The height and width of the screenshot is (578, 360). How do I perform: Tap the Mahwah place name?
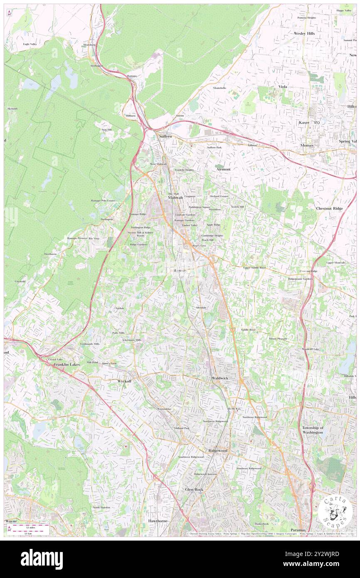[x=175, y=198]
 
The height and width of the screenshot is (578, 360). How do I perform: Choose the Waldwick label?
[x=220, y=378]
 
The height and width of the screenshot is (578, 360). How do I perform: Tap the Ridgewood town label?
[x=218, y=450]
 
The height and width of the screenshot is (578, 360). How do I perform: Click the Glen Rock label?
[x=194, y=490]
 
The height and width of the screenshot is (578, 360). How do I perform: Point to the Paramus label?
[x=298, y=530]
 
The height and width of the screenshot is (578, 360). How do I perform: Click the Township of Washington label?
[x=313, y=430]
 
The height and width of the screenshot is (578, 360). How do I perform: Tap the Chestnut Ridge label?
[x=329, y=208]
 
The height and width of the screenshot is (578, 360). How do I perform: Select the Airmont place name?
[x=223, y=170]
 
